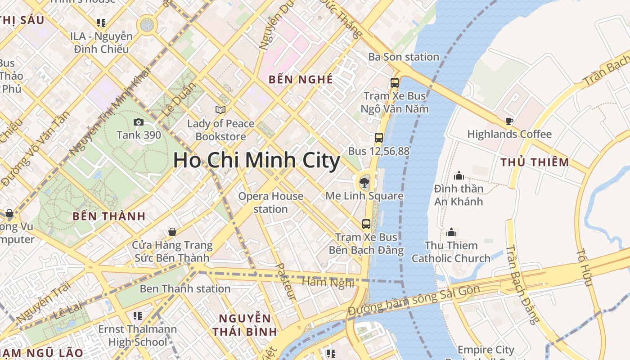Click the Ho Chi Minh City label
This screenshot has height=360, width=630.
click(256, 161)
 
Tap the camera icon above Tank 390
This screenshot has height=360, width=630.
click(139, 122)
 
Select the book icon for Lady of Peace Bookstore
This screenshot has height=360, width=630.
click(220, 110)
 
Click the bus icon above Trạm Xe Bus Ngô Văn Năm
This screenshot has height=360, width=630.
click(395, 83)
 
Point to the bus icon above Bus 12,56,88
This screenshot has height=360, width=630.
click(379, 138)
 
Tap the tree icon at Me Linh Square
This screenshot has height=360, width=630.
click(364, 182)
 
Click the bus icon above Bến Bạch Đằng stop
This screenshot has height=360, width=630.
click(366, 224)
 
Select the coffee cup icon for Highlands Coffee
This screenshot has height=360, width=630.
click(509, 121)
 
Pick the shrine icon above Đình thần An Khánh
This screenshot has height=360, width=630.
click(459, 175)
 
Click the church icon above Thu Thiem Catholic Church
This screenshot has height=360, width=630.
click(451, 232)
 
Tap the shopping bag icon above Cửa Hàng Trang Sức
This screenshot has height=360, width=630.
click(172, 232)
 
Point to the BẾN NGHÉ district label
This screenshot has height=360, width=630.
click(301, 80)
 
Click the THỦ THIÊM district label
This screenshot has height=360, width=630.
click(535, 162)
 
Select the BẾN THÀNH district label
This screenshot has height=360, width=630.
click(109, 216)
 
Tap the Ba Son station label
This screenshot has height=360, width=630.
click(404, 57)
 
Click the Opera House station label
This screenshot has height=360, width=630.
click(270, 202)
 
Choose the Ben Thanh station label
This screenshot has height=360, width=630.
click(185, 289)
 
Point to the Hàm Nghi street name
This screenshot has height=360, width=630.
click(328, 282)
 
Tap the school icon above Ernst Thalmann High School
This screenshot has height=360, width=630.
click(138, 315)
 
